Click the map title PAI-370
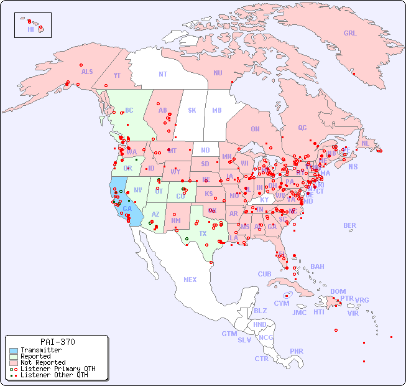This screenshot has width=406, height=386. pos(57,342)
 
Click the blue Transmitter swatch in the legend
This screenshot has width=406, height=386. pos(13,350)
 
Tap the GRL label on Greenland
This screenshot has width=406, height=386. pos(350,34)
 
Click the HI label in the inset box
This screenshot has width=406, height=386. pos(30,29)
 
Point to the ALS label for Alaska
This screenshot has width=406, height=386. pos(87,72)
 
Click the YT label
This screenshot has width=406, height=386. pos(117,75)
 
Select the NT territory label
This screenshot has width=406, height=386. pos(162,73)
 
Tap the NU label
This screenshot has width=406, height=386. pos(218,73)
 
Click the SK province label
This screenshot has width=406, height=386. pos(192,110)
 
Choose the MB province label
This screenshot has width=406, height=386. pos(216,110)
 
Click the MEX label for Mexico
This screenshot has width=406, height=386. pos(190,280)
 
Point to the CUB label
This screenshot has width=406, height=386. pos(264,274)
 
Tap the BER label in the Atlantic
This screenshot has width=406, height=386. pos(349,225)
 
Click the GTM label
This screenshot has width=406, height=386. pos(229,334)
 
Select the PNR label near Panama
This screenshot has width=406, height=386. pos(297,351)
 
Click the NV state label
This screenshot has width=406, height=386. pos(138,190)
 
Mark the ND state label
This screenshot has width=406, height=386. pos(205,150)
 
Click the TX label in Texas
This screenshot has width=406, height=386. pos(203,233)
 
